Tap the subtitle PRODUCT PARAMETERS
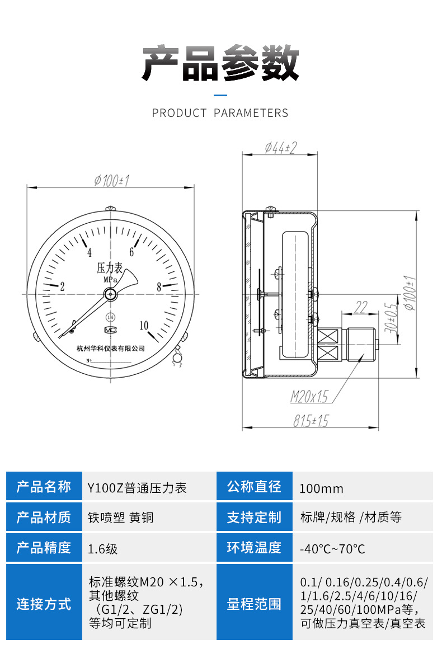pos(220,113)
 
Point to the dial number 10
pos(144,326)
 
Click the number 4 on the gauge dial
pos(89,252)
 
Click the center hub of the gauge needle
pos(111,294)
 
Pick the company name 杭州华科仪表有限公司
pos(111,348)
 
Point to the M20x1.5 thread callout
pos(309,397)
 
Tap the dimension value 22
pos(361,307)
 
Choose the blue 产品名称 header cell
pos(44,487)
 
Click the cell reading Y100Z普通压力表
pos(137,488)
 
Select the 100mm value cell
pos(322,488)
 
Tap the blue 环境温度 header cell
pos(254,547)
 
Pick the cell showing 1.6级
pos(103,548)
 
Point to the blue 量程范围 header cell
pos(254,604)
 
